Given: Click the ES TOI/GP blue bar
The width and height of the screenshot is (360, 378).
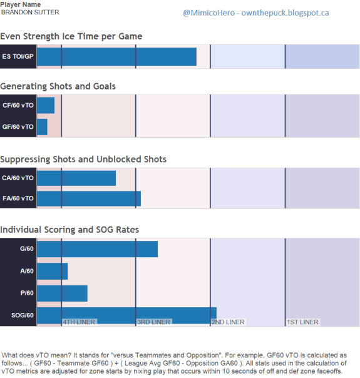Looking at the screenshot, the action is pos(116,57).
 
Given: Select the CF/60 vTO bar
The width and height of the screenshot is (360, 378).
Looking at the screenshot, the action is pos(46,105).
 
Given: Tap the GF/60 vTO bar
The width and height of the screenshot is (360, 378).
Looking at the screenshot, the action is pos(42,127).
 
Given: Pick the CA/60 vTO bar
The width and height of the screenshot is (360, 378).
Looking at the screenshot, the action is pos(76,178).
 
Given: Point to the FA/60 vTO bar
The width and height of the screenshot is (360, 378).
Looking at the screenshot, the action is pos(89,198).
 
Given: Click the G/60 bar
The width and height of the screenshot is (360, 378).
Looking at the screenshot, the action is pos(98,249).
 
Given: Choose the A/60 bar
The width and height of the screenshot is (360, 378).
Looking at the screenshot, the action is pos(53,271).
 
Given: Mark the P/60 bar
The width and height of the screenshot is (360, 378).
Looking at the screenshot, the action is pos(62,294).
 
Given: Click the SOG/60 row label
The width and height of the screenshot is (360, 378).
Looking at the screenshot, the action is pos(23,315).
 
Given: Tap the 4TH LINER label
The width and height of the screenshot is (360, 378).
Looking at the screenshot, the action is pos(79,322).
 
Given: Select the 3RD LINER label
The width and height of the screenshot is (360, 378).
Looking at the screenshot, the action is pos(153,322).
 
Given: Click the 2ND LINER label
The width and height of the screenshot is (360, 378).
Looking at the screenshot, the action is pos(228,322).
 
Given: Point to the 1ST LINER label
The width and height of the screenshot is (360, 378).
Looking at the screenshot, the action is pos(302,322).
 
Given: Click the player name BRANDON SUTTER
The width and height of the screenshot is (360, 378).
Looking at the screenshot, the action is pos(30,13).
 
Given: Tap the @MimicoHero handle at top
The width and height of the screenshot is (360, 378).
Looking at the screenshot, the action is pos(209,13).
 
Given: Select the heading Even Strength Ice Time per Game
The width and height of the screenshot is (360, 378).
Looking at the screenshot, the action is pos(71,36).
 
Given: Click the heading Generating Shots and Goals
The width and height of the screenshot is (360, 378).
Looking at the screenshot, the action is pos(58,86).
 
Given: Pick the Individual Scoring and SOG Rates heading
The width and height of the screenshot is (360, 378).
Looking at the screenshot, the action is pos(69,230).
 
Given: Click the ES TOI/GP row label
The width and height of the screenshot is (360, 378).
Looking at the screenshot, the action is pos(18,56).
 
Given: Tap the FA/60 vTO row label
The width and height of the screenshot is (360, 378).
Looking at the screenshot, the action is pos(18,198).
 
